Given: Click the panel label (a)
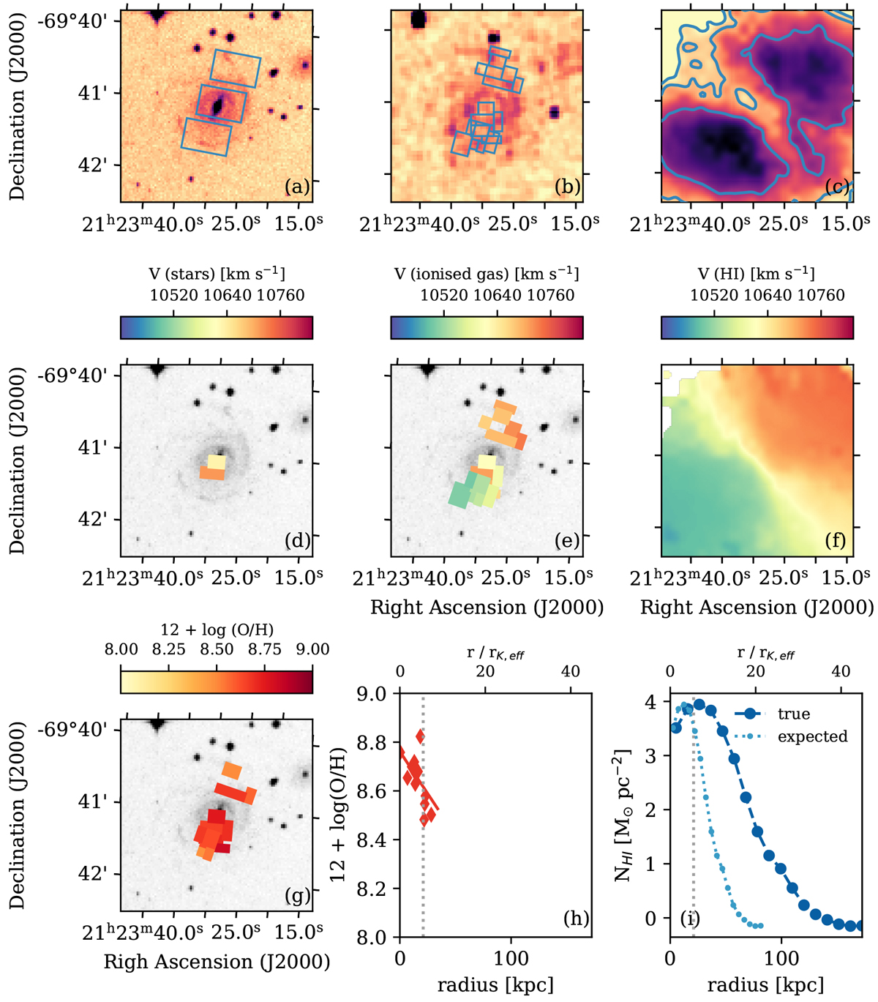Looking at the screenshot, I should point(296,187).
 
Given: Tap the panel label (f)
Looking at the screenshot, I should point(835,541).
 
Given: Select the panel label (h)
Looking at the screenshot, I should point(576,918).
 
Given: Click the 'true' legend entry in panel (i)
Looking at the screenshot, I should point(794,714).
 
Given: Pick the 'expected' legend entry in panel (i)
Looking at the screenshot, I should point(812,736).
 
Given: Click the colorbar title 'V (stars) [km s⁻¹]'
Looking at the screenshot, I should point(217,274).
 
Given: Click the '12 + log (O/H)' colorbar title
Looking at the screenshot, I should point(217,629).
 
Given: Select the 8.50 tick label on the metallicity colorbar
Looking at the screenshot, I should point(217,649).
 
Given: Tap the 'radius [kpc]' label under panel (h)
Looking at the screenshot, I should point(495,984).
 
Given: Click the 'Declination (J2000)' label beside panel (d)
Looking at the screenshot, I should point(18,461).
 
